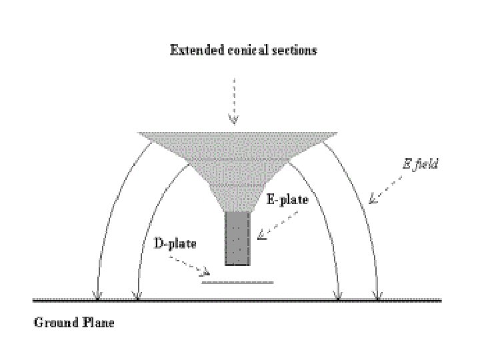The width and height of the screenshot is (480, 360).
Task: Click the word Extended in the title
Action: tap(193, 50)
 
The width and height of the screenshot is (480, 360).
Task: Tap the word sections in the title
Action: tap(291, 50)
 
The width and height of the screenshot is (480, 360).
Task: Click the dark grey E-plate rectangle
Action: tap(237, 239)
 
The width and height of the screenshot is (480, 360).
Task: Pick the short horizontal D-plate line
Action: tap(237, 282)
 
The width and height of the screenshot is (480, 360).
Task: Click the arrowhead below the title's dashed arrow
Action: tap(233, 119)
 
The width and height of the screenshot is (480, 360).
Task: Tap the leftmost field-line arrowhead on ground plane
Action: tap(98, 295)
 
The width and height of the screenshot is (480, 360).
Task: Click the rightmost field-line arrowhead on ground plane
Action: tap(377, 295)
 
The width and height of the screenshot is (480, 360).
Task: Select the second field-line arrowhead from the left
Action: tap(137, 295)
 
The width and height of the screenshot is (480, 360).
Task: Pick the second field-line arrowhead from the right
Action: tap(338, 295)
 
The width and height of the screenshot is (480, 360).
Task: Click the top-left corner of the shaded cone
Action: tap(139, 133)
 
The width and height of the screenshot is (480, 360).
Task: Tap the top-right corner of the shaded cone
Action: tap(335, 133)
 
